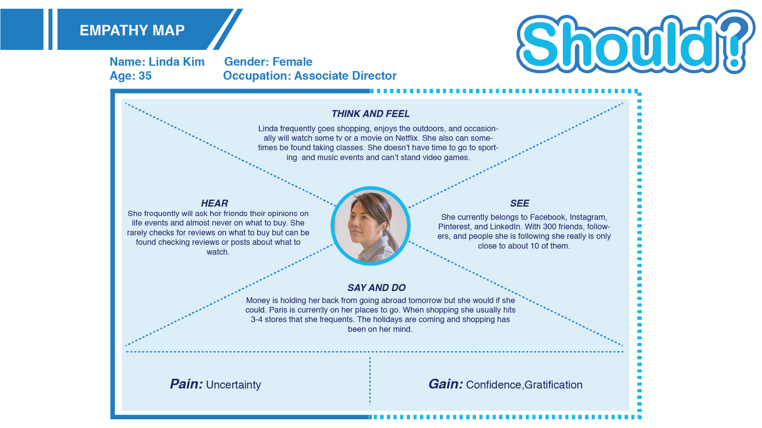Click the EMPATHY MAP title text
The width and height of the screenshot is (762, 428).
click(132, 30)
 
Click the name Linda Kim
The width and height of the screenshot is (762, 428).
click(177, 62)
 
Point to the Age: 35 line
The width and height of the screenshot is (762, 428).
click(131, 76)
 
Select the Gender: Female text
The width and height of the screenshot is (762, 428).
click(268, 62)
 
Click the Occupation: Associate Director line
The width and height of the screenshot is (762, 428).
click(310, 76)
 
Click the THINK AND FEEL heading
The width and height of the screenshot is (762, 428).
click(371, 114)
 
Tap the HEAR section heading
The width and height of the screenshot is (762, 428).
click(214, 203)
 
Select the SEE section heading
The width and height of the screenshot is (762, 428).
click(520, 203)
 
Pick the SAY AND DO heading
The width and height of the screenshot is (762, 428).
click(377, 288)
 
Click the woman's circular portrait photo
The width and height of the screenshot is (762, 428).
click(371, 226)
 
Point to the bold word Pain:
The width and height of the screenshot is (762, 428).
click(187, 384)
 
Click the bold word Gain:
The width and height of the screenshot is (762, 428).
click(446, 384)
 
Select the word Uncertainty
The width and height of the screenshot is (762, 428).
click(233, 385)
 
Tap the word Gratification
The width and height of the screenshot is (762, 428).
click(553, 385)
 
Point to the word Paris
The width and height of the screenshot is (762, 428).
click(278, 310)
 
